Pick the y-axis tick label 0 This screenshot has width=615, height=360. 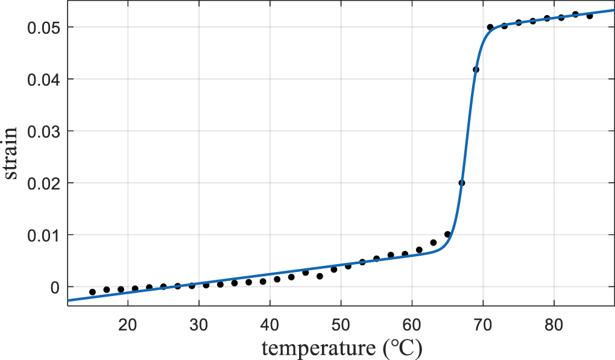(55, 287)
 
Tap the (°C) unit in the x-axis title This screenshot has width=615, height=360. (402, 347)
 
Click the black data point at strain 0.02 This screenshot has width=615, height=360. (462, 183)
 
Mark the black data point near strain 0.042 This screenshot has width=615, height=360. (476, 69)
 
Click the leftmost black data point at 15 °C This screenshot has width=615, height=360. (92, 292)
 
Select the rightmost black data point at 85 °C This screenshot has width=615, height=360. (590, 16)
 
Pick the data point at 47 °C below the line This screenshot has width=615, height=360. (320, 276)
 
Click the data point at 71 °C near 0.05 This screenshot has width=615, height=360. (490, 27)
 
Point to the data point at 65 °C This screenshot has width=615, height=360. (447, 234)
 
